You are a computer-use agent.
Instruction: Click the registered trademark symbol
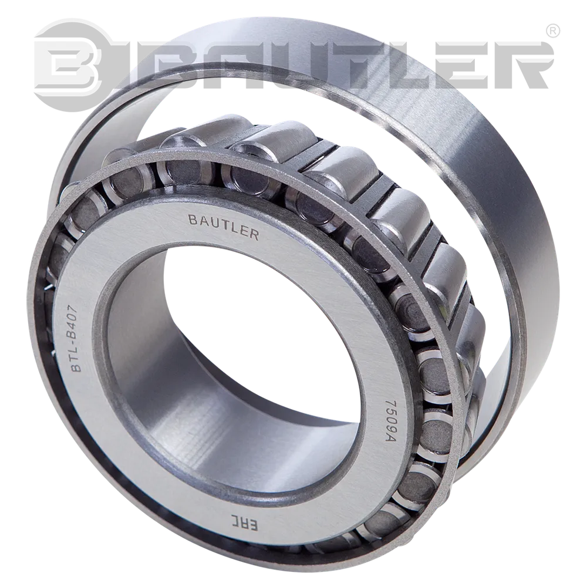click(553, 32)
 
